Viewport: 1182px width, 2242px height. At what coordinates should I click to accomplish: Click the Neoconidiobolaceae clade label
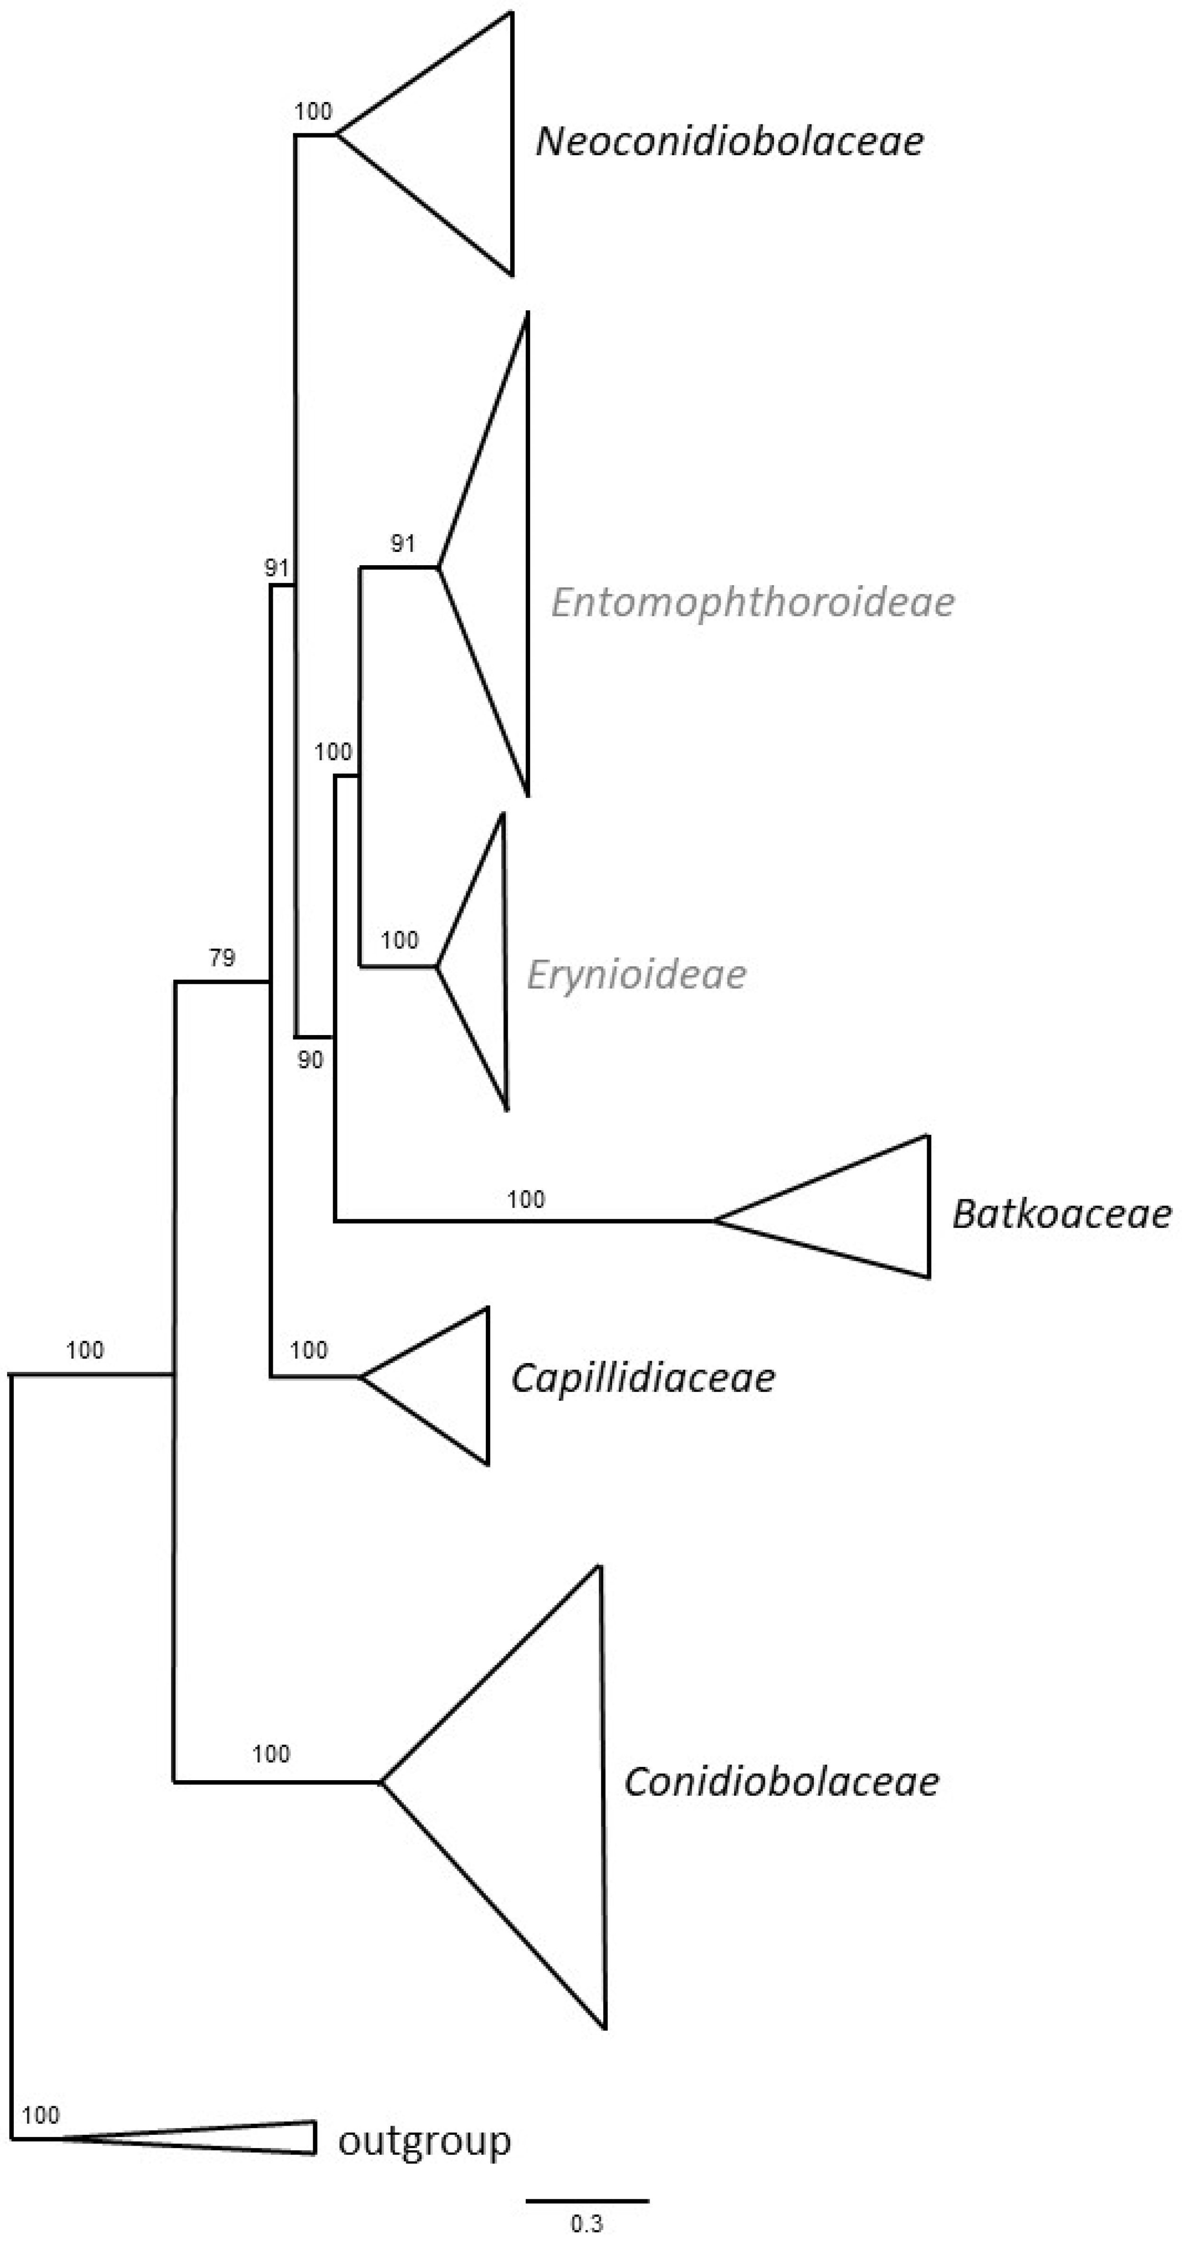click(729, 141)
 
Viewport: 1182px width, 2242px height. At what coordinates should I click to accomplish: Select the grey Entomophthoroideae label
click(753, 602)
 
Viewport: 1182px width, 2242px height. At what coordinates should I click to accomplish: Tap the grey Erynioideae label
click(636, 975)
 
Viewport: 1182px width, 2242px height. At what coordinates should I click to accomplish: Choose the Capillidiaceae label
click(642, 1378)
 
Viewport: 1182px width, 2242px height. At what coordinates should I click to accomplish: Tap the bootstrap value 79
click(222, 958)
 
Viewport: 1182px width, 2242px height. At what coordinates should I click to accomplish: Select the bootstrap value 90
click(310, 1060)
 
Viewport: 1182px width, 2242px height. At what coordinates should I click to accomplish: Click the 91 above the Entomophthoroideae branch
click(402, 544)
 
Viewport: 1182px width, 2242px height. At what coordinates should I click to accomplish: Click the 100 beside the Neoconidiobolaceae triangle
click(313, 112)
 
